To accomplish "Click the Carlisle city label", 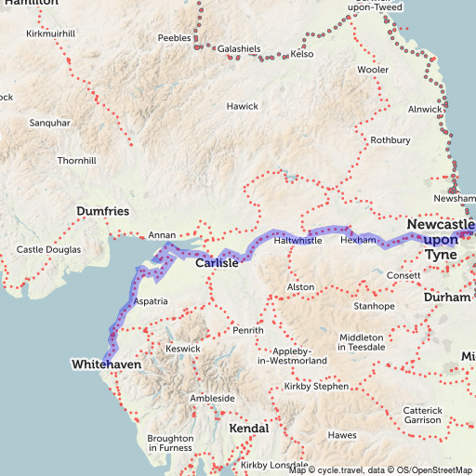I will pos(217,263).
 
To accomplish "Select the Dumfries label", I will pos(102,211).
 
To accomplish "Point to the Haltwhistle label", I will pos(297,241).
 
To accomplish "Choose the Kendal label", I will pos(248,429).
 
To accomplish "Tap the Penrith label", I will pos(248,330).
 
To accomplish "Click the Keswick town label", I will pos(182,349).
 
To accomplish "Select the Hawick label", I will pos(242,106).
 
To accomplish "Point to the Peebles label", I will pos(174,38).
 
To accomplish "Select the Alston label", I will pos(300,287).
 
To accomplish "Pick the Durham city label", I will pos(441,297).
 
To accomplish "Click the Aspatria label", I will pos(151,302).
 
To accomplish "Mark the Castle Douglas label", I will pos(49,250).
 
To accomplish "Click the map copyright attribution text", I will pos(381,469).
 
